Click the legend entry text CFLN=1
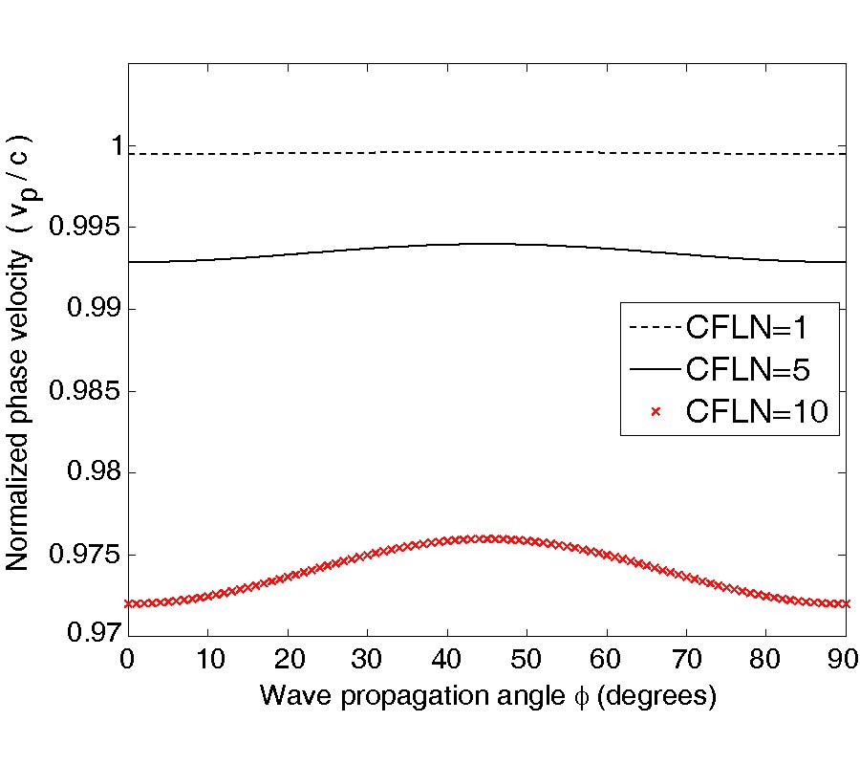click(747, 328)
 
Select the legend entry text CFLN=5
click(747, 369)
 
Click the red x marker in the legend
click(656, 411)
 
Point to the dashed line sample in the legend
click(655, 328)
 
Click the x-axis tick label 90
click(844, 659)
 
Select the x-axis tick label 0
click(128, 659)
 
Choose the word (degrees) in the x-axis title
click(667, 697)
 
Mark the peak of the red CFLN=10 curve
click(487, 538)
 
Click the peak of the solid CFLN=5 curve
click(487, 243)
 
